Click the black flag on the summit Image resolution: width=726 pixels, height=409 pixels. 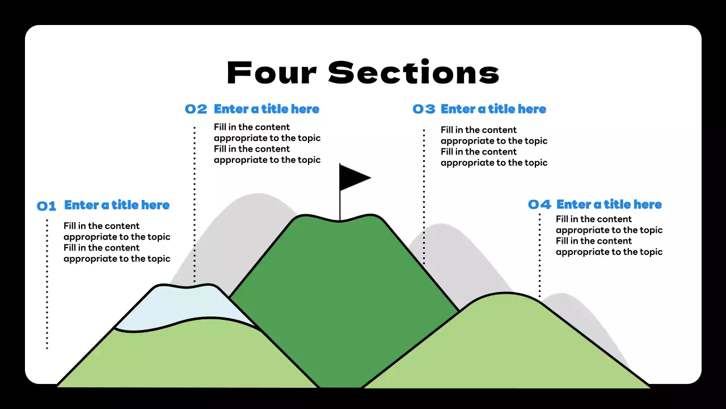tap(353, 177)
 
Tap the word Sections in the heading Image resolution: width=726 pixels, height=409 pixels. tap(413, 73)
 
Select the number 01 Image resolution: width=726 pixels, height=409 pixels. tap(47, 206)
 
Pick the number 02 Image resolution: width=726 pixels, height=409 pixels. tap(196, 110)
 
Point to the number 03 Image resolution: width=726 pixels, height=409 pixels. tap(424, 110)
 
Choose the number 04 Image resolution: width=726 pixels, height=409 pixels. tap(539, 205)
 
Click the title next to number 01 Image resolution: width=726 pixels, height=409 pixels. tap(117, 205)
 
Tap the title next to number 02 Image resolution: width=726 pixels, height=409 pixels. tap(267, 109)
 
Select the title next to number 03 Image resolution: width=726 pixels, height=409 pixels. tap(493, 109)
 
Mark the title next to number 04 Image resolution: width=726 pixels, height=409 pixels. tap(609, 204)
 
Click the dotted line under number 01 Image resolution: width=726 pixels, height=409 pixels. tap(47, 284)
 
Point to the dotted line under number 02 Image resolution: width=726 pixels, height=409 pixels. tap(195, 204)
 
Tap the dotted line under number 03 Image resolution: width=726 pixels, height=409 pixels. tap(424, 196)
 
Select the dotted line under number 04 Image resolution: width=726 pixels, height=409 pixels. tap(539, 256)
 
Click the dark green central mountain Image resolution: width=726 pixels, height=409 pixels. tap(340, 295)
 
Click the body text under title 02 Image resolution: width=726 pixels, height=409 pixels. tap(267, 143)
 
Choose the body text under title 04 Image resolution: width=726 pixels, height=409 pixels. tap(609, 235)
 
